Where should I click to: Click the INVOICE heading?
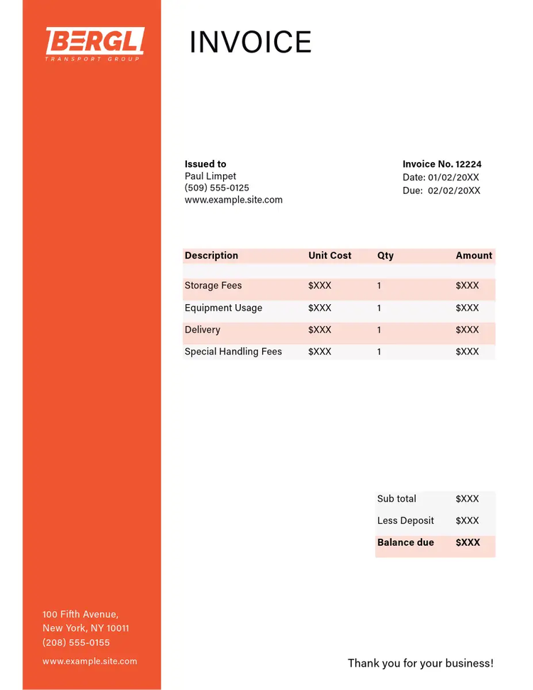click(250, 43)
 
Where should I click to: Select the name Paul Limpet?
click(210, 176)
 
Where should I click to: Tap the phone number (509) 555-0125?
click(217, 188)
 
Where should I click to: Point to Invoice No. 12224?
click(442, 164)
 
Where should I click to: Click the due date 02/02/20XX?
click(453, 190)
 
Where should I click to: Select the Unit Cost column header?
click(330, 256)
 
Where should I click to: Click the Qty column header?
click(385, 256)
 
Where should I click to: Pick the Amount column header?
click(474, 256)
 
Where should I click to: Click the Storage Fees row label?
click(213, 286)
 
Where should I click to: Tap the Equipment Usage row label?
click(223, 308)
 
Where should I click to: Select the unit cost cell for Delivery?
click(320, 330)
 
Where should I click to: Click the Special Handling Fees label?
click(233, 352)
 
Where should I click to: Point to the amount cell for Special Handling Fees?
click(467, 352)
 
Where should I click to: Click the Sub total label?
click(397, 499)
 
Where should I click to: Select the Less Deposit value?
click(467, 521)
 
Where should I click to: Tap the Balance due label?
click(405, 542)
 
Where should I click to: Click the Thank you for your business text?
click(420, 663)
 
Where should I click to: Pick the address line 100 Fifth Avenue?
click(80, 614)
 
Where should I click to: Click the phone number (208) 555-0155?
click(76, 642)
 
